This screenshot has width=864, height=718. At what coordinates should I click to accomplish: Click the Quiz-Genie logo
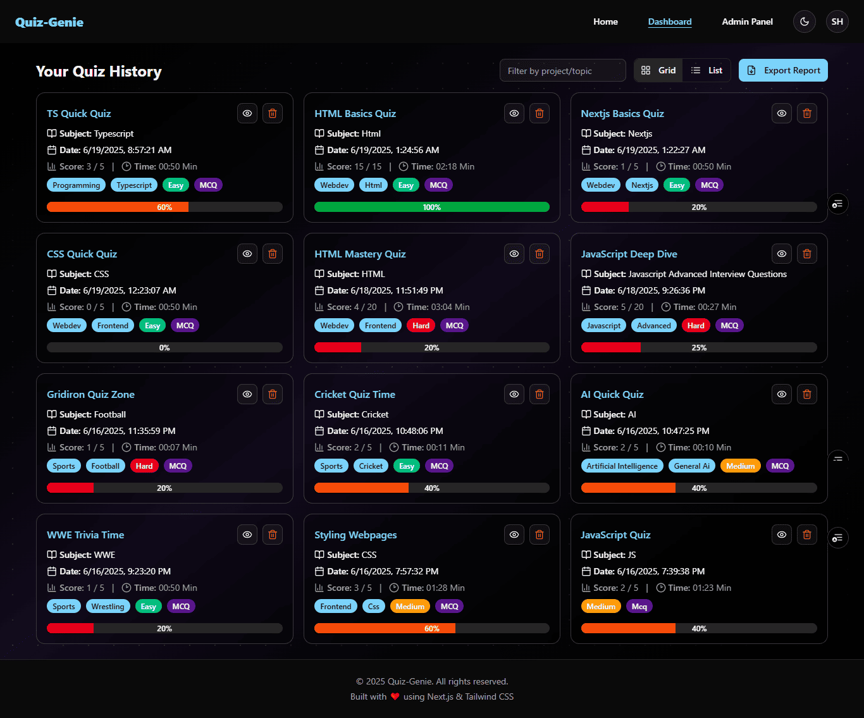point(49,22)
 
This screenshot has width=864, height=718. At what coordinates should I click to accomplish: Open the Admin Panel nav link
point(747,22)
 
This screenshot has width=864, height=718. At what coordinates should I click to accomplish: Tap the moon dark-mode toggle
point(805,22)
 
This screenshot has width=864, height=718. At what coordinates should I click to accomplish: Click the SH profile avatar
point(837,22)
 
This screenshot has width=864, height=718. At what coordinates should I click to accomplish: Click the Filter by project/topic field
point(562,71)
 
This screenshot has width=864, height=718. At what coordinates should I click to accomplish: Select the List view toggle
point(707,70)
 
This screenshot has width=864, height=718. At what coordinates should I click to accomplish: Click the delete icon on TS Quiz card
point(273,113)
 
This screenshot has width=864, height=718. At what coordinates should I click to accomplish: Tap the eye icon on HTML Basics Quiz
point(514,113)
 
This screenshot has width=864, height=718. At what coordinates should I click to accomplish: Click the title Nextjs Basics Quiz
point(622,114)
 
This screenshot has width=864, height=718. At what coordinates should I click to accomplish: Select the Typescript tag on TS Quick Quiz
point(134,185)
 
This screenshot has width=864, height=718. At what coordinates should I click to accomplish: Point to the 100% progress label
point(432,207)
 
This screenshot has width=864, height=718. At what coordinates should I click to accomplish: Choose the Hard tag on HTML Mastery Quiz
point(421,326)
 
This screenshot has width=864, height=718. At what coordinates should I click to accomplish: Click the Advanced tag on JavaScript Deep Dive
point(653,326)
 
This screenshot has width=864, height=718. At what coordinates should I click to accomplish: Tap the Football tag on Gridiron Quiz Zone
point(105,466)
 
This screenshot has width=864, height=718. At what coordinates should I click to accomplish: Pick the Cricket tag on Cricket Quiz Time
point(371,466)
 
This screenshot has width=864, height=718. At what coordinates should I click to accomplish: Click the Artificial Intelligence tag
point(622,466)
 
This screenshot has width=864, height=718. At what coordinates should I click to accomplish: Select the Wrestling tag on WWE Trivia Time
point(108,607)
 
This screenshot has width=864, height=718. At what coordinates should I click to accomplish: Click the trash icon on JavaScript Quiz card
point(807,535)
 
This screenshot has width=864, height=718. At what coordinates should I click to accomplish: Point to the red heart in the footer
point(395,696)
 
